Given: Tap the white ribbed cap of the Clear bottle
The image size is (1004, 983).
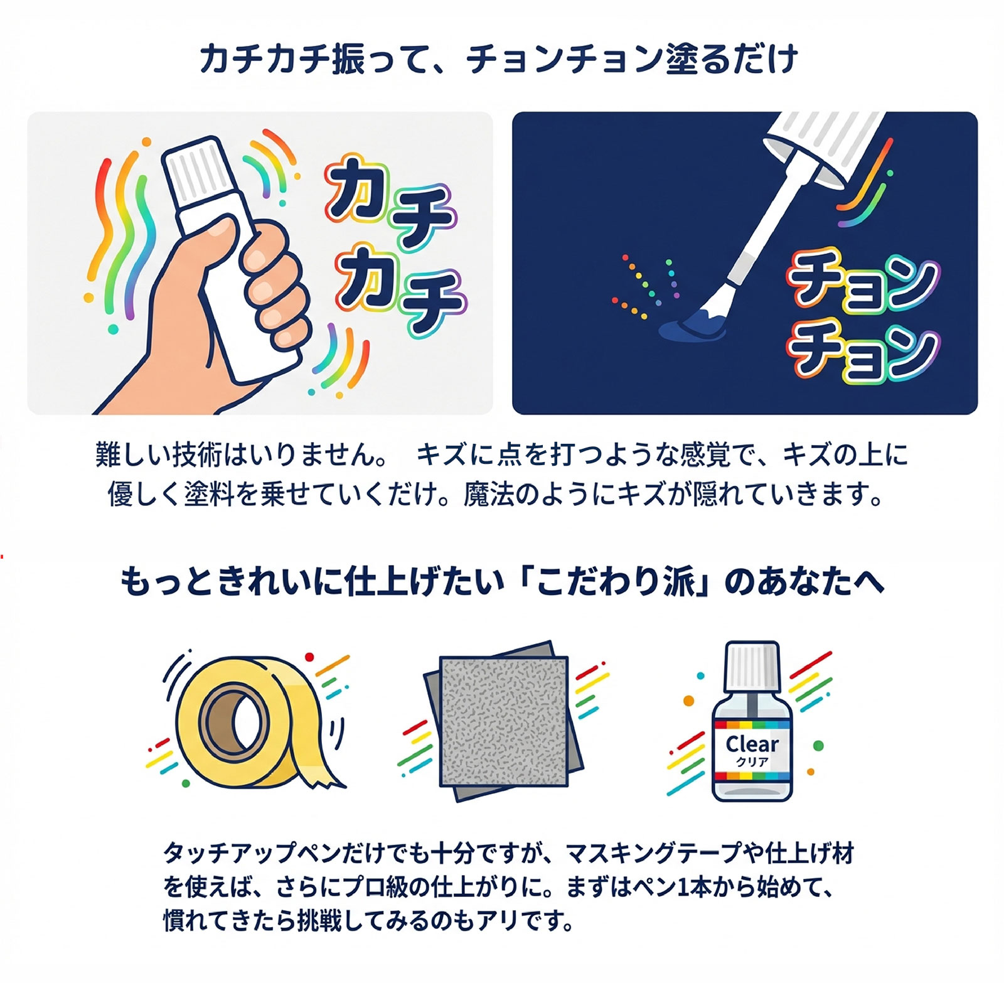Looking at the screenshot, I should [752, 665].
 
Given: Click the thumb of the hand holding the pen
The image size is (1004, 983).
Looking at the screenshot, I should [216, 235].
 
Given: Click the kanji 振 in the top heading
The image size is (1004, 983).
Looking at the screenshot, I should [346, 59].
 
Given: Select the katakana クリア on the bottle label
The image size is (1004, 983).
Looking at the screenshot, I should [752, 762].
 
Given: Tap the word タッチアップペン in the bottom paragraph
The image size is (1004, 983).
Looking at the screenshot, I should [241, 853].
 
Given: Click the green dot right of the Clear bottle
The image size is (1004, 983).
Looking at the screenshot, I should [818, 746].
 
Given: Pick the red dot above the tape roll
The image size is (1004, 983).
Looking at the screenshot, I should [309, 657].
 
